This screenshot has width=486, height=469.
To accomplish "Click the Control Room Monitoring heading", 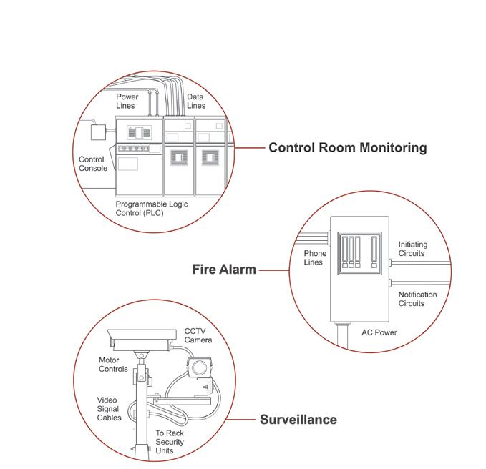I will click(347, 148).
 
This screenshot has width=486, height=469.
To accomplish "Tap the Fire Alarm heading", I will click(224, 270).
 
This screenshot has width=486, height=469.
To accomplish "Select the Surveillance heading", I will click(298, 419).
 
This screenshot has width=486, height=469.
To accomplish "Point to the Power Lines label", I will click(127, 101).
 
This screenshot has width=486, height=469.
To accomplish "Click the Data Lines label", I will click(195, 101).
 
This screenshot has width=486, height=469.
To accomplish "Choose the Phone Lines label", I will click(315, 258).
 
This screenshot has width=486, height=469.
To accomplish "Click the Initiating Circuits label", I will click(412, 249).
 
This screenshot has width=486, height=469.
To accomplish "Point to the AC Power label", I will click(379, 332).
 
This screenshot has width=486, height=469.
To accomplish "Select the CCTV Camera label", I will click(198, 335).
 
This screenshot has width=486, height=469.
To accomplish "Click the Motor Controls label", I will click(113, 365).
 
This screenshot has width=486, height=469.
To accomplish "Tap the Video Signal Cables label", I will click(110, 408).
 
